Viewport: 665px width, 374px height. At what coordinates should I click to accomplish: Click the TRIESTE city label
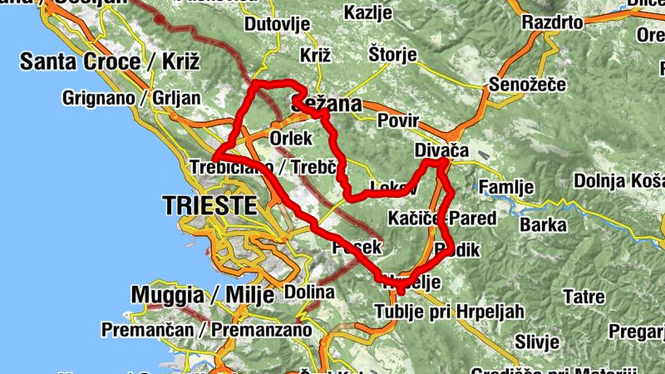[209, 205]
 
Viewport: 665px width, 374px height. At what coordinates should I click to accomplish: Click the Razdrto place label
[552, 22]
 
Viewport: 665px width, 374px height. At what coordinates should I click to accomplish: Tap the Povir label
[397, 121]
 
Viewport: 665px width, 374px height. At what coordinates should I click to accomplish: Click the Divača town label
[441, 150]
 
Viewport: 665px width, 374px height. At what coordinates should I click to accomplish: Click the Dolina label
[309, 292]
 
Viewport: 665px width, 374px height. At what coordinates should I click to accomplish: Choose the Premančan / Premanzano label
[206, 330]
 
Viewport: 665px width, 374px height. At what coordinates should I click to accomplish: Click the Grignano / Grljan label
[131, 98]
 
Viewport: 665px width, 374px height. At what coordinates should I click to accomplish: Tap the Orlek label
[290, 137]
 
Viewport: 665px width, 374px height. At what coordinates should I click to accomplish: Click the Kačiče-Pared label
[441, 219]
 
